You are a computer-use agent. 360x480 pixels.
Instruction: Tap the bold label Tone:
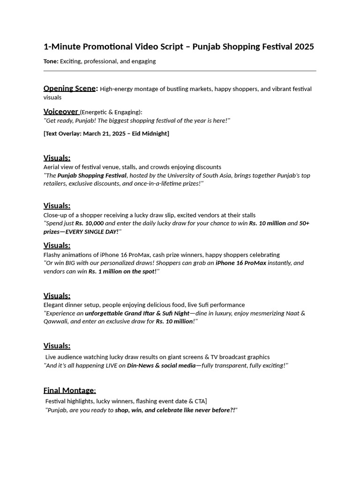[51, 61]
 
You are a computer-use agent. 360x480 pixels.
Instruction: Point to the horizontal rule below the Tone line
[180, 71]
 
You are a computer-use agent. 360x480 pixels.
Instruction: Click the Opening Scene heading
[70, 89]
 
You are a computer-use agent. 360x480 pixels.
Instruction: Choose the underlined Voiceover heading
[61, 112]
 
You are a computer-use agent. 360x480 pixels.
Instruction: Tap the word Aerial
[52, 167]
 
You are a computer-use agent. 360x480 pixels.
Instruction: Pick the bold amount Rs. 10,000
[90, 223]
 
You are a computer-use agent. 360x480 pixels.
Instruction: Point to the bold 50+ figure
[304, 223]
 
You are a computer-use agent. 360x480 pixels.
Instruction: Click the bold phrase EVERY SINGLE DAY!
[92, 232]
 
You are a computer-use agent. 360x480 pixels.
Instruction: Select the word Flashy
[53, 255]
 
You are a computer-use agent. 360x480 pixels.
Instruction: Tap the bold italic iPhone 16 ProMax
[241, 263]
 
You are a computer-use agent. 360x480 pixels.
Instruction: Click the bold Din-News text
[142, 366]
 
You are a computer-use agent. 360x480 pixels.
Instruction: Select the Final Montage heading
[69, 390]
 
